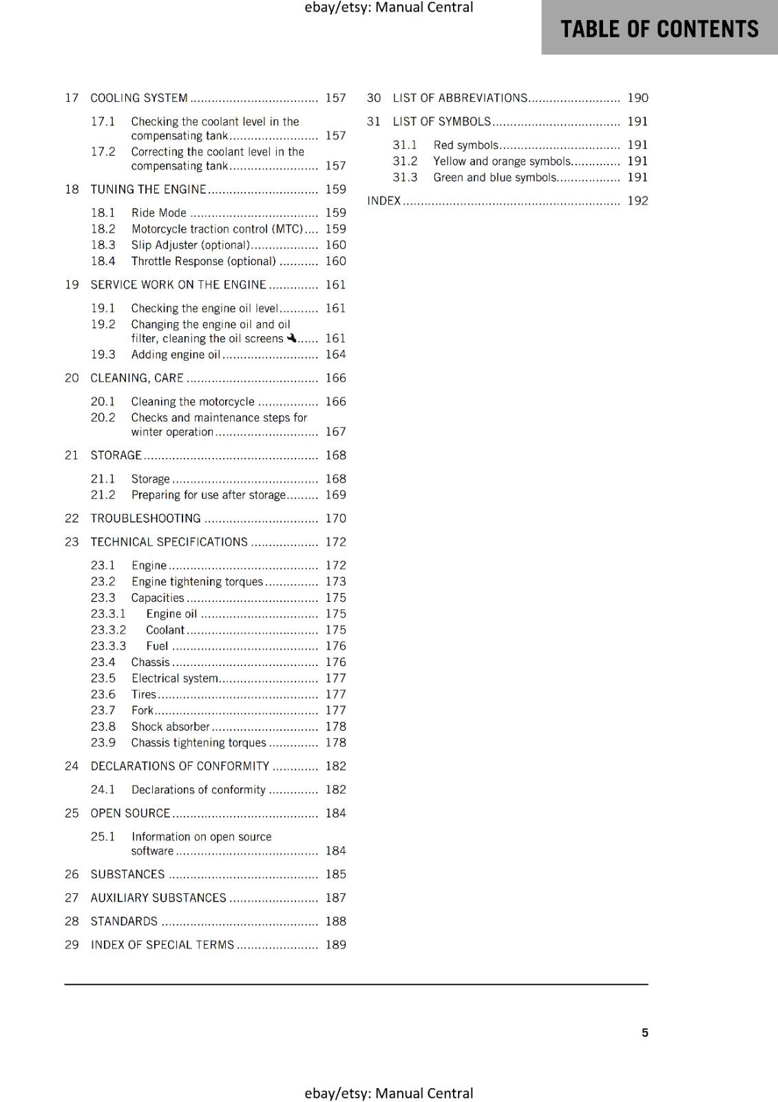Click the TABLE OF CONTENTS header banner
tap(659, 28)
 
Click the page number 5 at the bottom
tap(644, 1032)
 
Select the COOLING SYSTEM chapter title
tap(139, 98)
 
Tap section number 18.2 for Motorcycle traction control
tap(103, 229)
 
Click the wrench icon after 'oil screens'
tap(292, 337)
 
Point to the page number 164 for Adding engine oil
tap(335, 354)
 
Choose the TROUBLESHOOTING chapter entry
tap(145, 518)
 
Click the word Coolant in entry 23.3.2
tap(165, 630)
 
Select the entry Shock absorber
tap(170, 726)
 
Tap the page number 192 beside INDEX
tap(638, 200)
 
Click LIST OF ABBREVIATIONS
tap(460, 98)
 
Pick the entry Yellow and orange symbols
tap(502, 160)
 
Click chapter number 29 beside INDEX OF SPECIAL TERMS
tap(72, 944)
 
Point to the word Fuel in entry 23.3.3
tap(157, 645)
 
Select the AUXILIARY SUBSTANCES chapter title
tap(158, 897)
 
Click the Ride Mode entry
tap(158, 213)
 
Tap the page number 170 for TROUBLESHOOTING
tap(335, 518)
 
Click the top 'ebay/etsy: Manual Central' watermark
tap(388, 8)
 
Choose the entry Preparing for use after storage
tap(209, 495)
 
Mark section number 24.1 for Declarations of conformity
tap(103, 789)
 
